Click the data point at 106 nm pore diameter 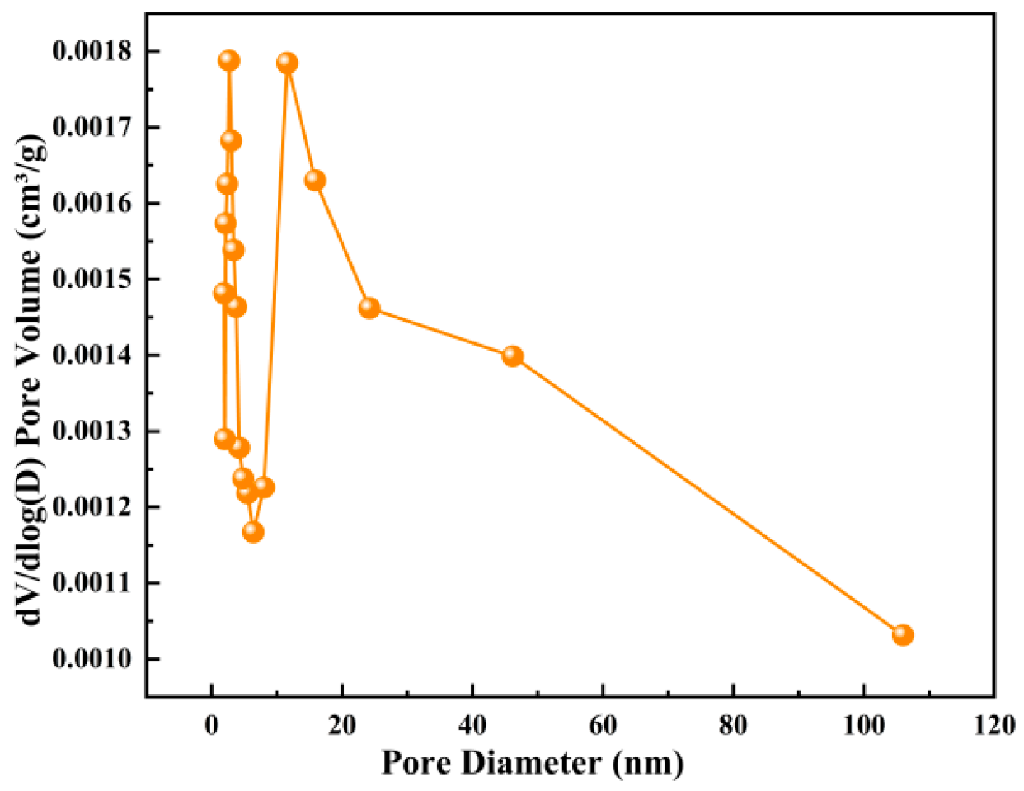point(903,634)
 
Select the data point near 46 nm point(512,355)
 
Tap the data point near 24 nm point(369,308)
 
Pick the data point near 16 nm point(315,180)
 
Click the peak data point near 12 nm point(287,63)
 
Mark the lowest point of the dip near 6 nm point(253,532)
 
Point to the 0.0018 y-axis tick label point(92,51)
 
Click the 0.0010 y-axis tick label point(92,659)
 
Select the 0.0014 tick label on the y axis point(92,355)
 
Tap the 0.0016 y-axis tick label point(92,204)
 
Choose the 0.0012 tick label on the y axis point(92,507)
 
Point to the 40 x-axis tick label point(472,725)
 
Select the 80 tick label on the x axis point(733,725)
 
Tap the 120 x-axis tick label point(993,725)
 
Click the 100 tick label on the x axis point(863,725)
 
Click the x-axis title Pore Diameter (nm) point(532,762)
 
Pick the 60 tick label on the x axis point(603,725)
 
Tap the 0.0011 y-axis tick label point(92,583)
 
